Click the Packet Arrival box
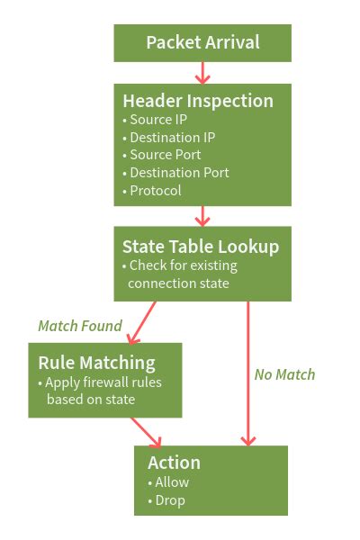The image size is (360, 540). [x=202, y=42]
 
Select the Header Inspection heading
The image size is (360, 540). [x=198, y=100]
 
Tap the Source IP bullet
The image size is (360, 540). [x=155, y=120]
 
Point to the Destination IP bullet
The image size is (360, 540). [x=171, y=138]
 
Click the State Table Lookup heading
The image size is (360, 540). [x=201, y=246]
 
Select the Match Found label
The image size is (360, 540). [x=79, y=326]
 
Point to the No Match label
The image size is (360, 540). [x=284, y=373]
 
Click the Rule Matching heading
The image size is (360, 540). [x=96, y=362]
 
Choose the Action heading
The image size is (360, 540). [x=174, y=463]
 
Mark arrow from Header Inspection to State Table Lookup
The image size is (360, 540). [x=202, y=216]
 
